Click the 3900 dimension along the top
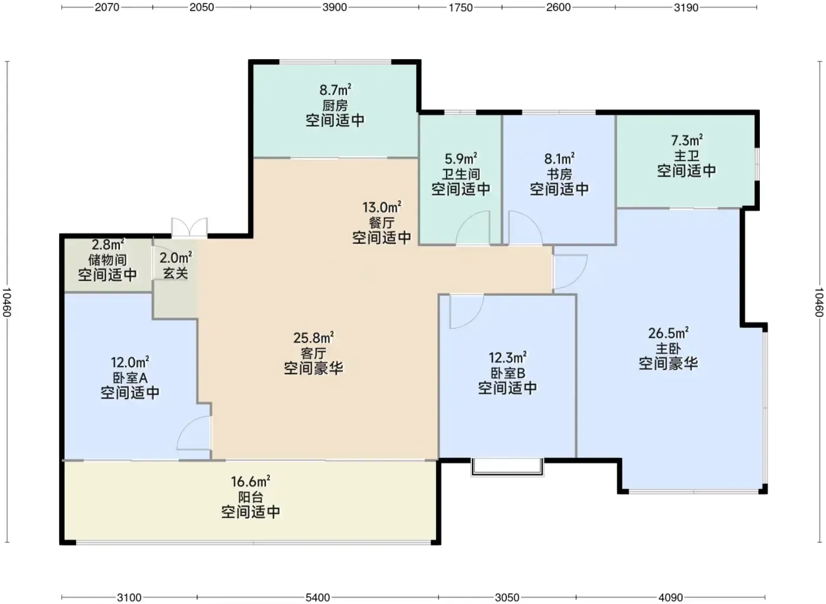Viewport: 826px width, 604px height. pyautogui.click(x=335, y=7)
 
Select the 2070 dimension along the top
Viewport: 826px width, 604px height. pyautogui.click(x=107, y=7)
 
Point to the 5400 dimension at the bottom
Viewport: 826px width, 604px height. pyautogui.click(x=317, y=598)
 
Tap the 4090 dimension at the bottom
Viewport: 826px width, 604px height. pyautogui.click(x=670, y=598)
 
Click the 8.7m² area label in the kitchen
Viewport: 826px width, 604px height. pyautogui.click(x=335, y=90)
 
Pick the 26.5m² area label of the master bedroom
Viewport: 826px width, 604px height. pyautogui.click(x=668, y=333)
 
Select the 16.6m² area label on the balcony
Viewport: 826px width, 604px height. pyautogui.click(x=251, y=482)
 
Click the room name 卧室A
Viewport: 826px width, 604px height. pyautogui.click(x=130, y=378)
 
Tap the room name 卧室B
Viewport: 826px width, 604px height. pyautogui.click(x=508, y=373)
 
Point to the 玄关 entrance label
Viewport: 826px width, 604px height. pyautogui.click(x=176, y=273)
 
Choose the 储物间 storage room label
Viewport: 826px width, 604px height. pyautogui.click(x=107, y=260)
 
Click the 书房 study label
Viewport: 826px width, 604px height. pyautogui.click(x=559, y=174)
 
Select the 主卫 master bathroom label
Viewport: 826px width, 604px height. pyautogui.click(x=687, y=156)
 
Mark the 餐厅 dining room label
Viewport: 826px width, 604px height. pyautogui.click(x=382, y=223)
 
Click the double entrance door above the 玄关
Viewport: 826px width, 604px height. pyautogui.click(x=189, y=227)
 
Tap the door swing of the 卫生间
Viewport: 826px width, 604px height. pyautogui.click(x=473, y=228)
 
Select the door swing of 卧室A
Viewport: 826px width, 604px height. pyautogui.click(x=194, y=433)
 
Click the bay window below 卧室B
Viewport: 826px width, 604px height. pyautogui.click(x=507, y=467)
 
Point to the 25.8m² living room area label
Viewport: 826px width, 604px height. pyautogui.click(x=314, y=338)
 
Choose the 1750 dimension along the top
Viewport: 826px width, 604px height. pyautogui.click(x=460, y=7)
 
